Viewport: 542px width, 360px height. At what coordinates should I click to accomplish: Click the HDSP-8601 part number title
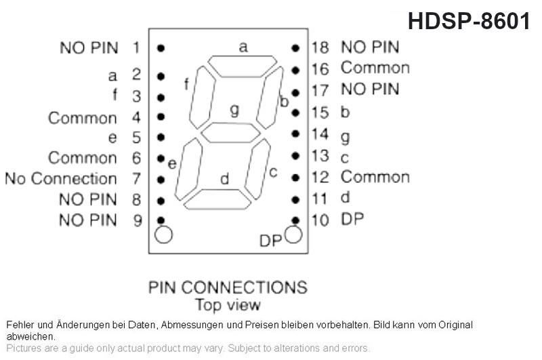click(x=469, y=21)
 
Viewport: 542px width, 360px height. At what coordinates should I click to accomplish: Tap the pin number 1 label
click(x=137, y=47)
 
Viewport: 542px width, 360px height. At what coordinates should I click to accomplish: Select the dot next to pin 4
click(x=161, y=117)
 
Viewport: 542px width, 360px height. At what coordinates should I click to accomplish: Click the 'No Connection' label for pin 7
click(x=61, y=179)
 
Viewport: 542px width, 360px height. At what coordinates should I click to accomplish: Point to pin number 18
click(x=320, y=47)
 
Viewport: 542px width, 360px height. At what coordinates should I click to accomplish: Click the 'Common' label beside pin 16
click(x=375, y=68)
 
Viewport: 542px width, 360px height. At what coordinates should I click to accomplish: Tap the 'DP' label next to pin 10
click(x=352, y=219)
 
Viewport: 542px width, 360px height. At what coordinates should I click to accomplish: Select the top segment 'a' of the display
click(x=243, y=66)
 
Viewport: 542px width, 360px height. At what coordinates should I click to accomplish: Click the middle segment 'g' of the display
click(x=230, y=133)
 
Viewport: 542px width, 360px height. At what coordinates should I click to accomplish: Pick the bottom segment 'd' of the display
click(x=217, y=199)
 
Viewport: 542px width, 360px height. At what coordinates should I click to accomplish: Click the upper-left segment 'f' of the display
click(x=202, y=98)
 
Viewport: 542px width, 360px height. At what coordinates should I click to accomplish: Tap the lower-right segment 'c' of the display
click(x=257, y=169)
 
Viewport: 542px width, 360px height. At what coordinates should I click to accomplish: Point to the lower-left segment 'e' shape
click(x=188, y=169)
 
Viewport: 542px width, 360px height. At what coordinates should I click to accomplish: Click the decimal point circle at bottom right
click(x=293, y=235)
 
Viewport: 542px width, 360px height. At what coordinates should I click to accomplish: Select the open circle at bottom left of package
click(x=163, y=235)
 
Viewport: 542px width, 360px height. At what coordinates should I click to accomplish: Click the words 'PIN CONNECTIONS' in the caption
click(x=228, y=287)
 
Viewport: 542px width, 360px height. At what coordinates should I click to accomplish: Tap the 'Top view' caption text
click(x=228, y=305)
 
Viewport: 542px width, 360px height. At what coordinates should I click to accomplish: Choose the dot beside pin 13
click(x=295, y=156)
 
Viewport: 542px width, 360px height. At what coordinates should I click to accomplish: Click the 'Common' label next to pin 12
click(x=375, y=177)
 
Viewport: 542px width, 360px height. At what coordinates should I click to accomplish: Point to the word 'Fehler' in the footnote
click(x=20, y=325)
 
